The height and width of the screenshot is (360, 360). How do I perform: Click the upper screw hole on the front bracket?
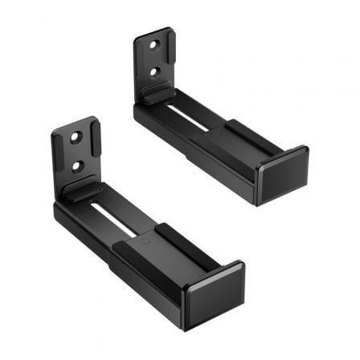tap(74, 137)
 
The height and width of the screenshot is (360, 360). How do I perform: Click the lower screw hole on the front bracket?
tap(79, 166)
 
